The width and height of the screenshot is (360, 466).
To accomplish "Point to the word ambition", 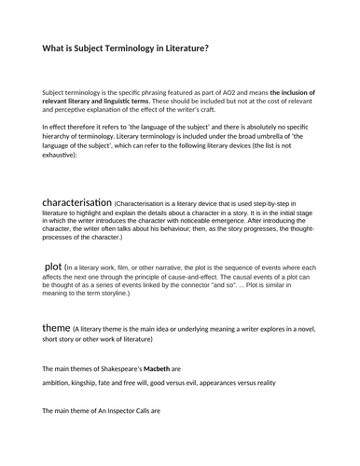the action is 61,382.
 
